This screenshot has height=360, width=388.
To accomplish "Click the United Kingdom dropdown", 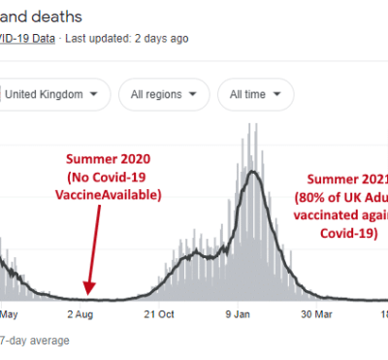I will coord(53,95).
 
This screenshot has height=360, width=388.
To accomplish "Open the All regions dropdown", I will coord(163,95).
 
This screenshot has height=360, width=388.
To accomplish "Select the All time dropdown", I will coord(255,95).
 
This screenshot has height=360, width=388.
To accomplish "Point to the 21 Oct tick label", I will coord(158,314).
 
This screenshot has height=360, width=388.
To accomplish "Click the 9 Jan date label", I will coord(239,314).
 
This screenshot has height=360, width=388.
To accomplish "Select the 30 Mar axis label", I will coord(317,314).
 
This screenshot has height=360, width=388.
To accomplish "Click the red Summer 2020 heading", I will coord(110,158).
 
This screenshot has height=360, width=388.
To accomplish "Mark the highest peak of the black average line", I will coord(252,173).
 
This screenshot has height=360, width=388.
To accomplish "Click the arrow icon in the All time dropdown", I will coord(278,95).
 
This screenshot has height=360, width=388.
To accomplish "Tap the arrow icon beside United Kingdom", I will coord(92,95).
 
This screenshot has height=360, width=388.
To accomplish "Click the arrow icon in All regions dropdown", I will coord(194,95).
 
